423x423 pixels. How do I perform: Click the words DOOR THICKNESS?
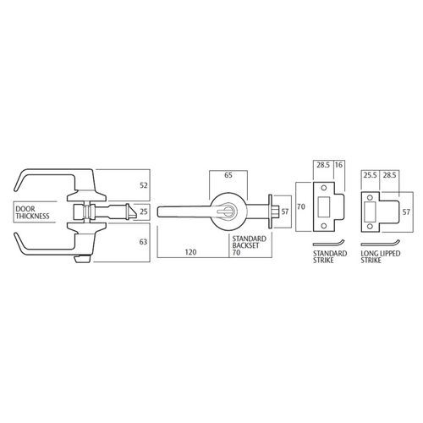pos(33,212)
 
